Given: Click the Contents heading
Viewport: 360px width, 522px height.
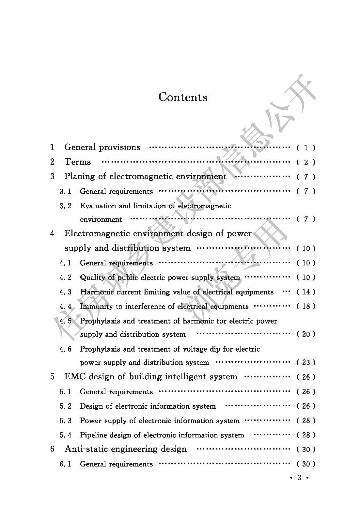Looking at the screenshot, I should pyautogui.click(x=183, y=97).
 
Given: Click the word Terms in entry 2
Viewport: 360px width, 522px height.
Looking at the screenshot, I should pyautogui.click(x=78, y=162).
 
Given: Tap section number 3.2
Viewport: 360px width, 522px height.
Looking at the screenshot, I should pyautogui.click(x=66, y=206).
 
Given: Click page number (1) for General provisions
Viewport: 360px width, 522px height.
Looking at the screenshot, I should pyautogui.click(x=306, y=148).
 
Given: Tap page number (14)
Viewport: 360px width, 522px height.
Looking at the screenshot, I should pyautogui.click(x=306, y=292).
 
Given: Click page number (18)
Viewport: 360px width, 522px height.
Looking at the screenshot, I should pyautogui.click(x=306, y=306).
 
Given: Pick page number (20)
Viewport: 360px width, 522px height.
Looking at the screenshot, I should pyautogui.click(x=306, y=334).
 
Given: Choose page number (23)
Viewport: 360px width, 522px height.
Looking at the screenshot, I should pyautogui.click(x=306, y=362).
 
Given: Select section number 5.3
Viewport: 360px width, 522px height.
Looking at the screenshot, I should pyautogui.click(x=66, y=421).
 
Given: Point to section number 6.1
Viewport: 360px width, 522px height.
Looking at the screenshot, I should pyautogui.click(x=66, y=464).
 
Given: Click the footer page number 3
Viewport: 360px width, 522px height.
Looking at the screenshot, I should pyautogui.click(x=299, y=478).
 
